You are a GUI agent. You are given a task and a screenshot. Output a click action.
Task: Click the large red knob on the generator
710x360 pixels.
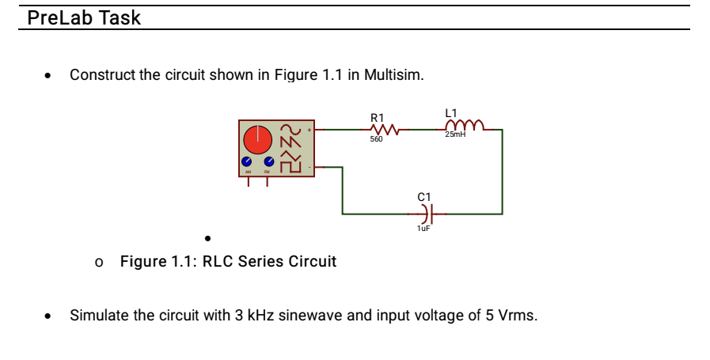coord(257,140)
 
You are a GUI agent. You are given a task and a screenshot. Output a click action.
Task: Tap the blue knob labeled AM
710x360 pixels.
coord(247,164)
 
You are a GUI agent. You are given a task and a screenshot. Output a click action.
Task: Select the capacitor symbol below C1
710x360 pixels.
coord(425,214)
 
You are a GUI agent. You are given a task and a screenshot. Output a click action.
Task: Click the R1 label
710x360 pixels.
coord(377,117)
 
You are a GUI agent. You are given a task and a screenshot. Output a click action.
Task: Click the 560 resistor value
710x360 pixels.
coord(376,139)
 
